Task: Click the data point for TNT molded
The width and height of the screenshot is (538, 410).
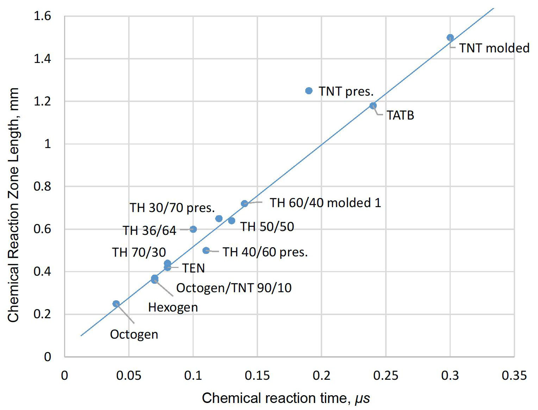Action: (450, 38)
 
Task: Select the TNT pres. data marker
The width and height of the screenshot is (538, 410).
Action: (309, 91)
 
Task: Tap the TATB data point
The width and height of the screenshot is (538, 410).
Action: (373, 105)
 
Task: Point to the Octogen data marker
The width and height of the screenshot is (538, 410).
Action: (116, 304)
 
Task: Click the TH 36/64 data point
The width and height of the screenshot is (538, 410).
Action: (193, 229)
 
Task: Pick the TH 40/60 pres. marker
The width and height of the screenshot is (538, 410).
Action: (206, 250)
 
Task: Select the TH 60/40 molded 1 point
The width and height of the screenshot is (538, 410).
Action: (244, 204)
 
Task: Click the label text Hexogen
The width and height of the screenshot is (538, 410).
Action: (173, 307)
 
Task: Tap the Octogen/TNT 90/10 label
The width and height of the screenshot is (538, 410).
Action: (234, 288)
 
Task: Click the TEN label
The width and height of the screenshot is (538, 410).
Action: (193, 268)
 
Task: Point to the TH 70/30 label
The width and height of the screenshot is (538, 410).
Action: (139, 252)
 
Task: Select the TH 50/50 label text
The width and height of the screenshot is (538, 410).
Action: (267, 227)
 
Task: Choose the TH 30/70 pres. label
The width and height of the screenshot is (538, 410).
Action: (172, 208)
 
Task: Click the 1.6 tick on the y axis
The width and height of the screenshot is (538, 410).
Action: (42, 16)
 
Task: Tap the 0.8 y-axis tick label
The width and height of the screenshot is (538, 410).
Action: (42, 186)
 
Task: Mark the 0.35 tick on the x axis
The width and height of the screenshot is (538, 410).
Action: (514, 376)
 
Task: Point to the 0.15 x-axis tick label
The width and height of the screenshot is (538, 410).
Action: (257, 376)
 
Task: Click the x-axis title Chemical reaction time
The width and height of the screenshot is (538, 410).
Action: (286, 398)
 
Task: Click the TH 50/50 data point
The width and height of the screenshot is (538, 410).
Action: (231, 221)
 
